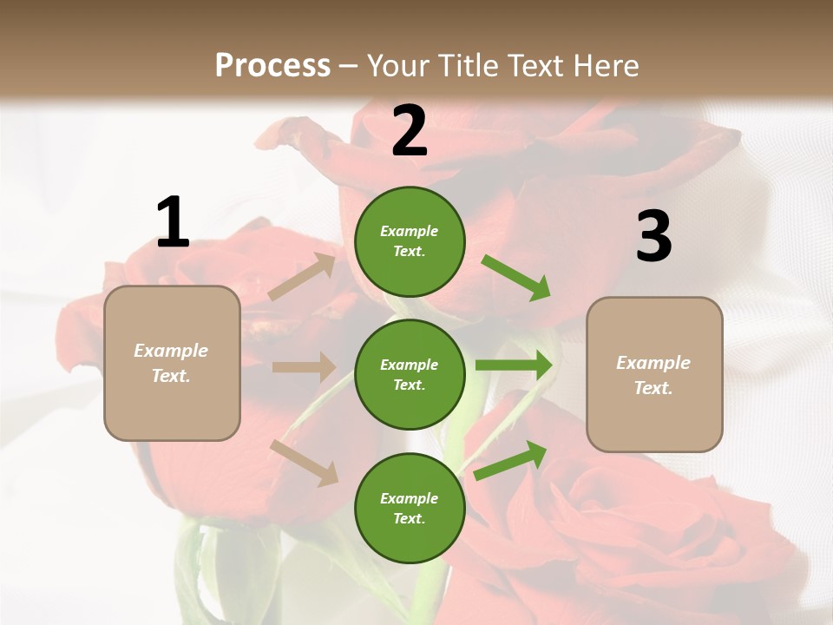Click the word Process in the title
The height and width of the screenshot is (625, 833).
[x=272, y=66]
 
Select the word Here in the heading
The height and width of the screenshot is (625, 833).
[x=605, y=66]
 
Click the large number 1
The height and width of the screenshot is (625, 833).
[x=173, y=223]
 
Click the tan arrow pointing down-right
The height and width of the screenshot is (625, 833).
[x=305, y=462]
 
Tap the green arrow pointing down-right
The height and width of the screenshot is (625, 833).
[x=515, y=277]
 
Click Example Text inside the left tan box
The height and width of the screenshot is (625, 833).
[x=172, y=363]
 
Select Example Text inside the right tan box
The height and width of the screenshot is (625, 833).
[x=653, y=375]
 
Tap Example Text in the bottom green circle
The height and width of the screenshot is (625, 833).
[x=410, y=508]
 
